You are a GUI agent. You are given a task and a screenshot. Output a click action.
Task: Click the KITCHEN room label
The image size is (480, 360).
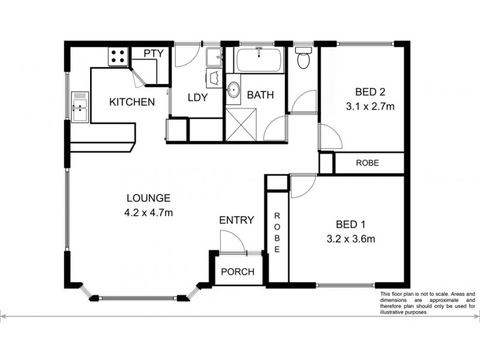131,102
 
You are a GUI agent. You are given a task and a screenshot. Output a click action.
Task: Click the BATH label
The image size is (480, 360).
260,95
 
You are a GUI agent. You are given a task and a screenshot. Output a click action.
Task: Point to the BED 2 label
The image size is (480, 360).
370,92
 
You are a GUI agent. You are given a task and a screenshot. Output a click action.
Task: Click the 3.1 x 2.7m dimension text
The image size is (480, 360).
370,107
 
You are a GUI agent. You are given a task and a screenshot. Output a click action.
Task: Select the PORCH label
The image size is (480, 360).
238,272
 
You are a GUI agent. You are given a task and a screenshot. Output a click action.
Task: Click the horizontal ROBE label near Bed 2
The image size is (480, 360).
367,163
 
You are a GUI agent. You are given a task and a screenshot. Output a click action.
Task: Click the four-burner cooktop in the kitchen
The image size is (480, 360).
118,57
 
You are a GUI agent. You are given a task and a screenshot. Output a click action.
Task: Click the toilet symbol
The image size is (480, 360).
303,59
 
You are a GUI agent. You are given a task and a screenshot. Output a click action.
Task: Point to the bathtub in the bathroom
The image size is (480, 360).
259,60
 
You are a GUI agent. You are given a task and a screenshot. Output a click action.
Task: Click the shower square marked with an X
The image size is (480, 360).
244,125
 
